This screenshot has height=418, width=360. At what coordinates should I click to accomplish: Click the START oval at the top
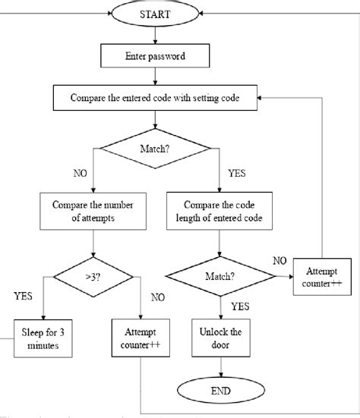click(x=155, y=13)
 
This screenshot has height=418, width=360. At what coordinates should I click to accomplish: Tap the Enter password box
click(x=155, y=55)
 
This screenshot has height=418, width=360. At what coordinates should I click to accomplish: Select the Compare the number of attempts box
click(x=93, y=210)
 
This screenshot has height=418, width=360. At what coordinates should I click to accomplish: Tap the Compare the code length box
click(x=221, y=210)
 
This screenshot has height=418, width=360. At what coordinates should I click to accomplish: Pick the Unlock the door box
click(x=221, y=337)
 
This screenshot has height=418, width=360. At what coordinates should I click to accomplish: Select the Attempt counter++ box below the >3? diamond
click(x=142, y=337)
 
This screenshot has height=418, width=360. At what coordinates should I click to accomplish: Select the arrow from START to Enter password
click(x=155, y=33)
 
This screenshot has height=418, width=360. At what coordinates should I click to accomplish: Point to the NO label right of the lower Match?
click(x=278, y=260)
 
